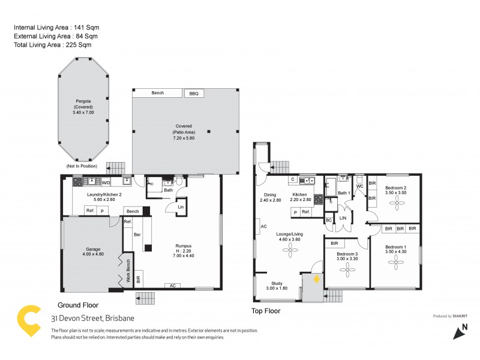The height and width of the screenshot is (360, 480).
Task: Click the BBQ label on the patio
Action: coord(193,94)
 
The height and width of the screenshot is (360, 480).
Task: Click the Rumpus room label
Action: coord(183,248)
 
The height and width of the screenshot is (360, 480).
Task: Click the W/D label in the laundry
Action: coord(106,182)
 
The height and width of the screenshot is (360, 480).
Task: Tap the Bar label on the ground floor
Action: coord(136,236)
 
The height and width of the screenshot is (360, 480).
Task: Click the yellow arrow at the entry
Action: coord(314,278)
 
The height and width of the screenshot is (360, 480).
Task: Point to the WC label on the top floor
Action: coord(359,187)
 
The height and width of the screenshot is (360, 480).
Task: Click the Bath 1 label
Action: coord(343,193)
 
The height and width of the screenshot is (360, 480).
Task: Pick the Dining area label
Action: coord(271,197)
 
